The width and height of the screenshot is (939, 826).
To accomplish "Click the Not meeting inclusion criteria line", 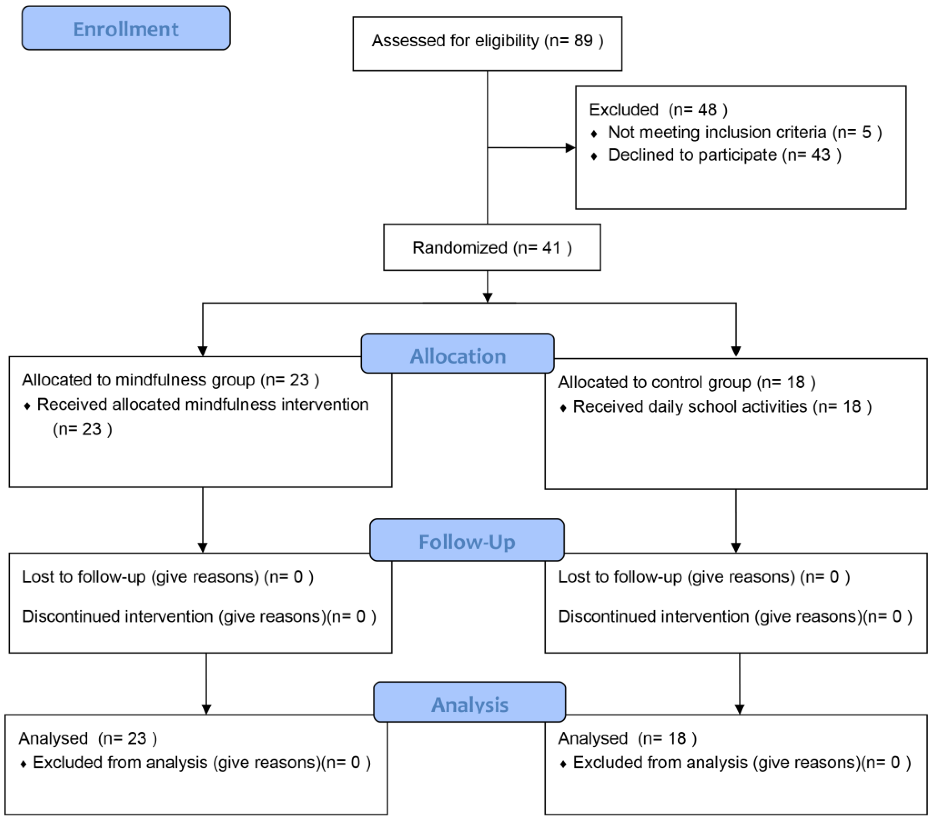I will (744, 132).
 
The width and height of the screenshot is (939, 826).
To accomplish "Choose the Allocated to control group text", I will (655, 382).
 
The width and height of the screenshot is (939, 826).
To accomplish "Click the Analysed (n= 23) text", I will (87, 738).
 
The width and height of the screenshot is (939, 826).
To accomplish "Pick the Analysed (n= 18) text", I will (627, 738).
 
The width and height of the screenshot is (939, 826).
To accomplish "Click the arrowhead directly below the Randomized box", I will (488, 298).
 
